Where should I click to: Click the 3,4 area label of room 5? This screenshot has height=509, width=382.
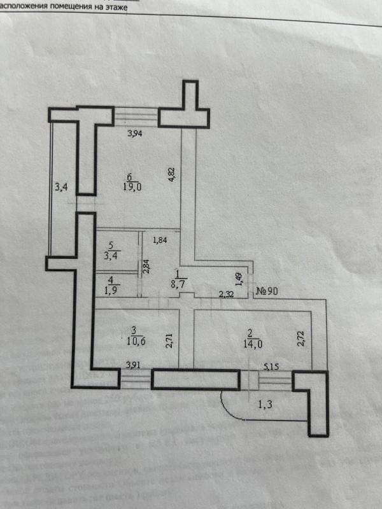[111, 256]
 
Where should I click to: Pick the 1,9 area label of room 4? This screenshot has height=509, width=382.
[111, 291]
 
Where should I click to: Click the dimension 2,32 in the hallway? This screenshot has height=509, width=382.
[226, 294]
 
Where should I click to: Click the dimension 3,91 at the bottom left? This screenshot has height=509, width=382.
[134, 365]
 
